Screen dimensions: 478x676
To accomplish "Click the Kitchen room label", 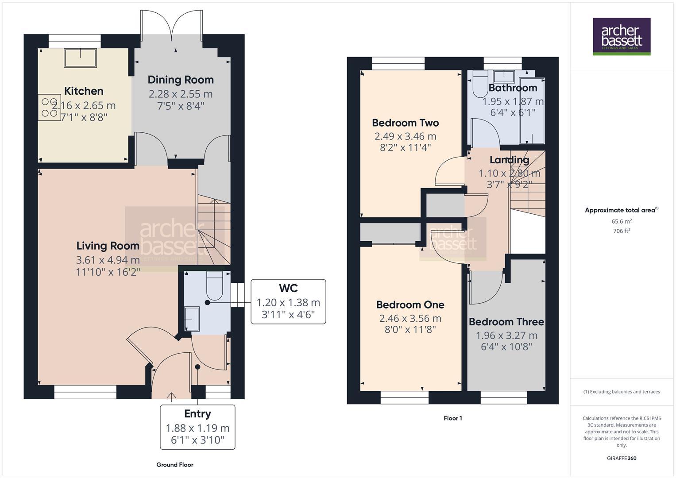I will click(x=84, y=91).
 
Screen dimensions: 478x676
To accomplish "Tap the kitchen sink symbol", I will click(x=80, y=58).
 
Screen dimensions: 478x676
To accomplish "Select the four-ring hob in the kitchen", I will click(x=49, y=107).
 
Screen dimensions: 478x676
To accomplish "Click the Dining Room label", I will click(x=181, y=80).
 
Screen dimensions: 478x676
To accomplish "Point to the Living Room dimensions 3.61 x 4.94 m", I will click(x=108, y=260).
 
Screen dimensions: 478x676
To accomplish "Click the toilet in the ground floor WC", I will click(x=215, y=287).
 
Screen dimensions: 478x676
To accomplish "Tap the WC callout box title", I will click(x=288, y=289).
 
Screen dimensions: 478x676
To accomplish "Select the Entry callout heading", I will click(x=197, y=414).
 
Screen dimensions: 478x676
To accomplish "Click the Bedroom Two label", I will click(x=405, y=123).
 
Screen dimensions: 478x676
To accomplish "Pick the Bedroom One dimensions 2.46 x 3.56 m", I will click(x=410, y=318).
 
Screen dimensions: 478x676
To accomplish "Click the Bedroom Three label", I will click(x=506, y=322).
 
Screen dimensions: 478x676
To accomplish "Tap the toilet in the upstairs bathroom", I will click(x=479, y=85).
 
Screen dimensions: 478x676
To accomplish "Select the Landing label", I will click(x=509, y=160).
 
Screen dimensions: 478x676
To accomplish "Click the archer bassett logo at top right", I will click(x=622, y=36).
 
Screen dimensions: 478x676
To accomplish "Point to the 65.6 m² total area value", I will click(x=622, y=221).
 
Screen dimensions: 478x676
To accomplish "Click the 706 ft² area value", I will click(x=622, y=231).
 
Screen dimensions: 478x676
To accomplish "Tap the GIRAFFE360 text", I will click(x=622, y=458).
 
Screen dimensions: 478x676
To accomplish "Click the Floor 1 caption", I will click(x=452, y=418).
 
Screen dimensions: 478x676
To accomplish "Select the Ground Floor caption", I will click(x=175, y=465).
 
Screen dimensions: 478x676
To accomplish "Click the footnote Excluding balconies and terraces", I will click(x=622, y=392).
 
